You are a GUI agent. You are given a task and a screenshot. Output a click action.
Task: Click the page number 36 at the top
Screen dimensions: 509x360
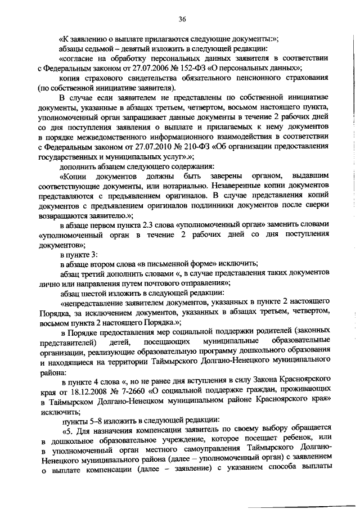[182, 19]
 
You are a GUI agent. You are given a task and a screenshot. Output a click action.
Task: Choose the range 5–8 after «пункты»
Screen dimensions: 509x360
[94, 421]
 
